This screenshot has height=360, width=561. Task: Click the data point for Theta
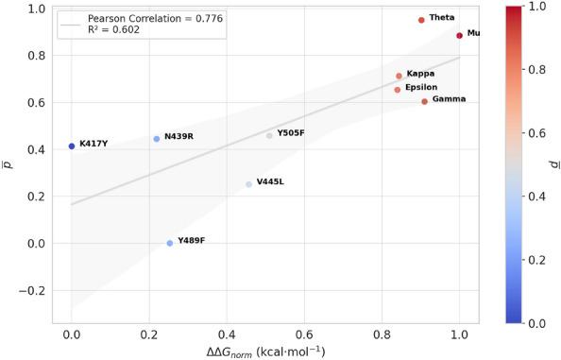(421, 20)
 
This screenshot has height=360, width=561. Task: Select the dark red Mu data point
(459, 36)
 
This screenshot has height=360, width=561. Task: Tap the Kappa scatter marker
(399, 76)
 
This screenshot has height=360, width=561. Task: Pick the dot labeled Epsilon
(397, 90)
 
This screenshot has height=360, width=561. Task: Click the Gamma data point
(424, 101)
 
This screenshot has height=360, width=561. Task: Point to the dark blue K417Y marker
(72, 146)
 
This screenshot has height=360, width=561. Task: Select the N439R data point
(157, 139)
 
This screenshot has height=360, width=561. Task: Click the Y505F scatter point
(269, 135)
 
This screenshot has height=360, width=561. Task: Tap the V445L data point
(249, 184)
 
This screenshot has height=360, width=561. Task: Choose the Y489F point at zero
(170, 243)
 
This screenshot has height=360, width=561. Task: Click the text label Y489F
(191, 241)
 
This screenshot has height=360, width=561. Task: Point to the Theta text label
(441, 18)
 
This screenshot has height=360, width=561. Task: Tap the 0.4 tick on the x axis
(227, 334)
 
